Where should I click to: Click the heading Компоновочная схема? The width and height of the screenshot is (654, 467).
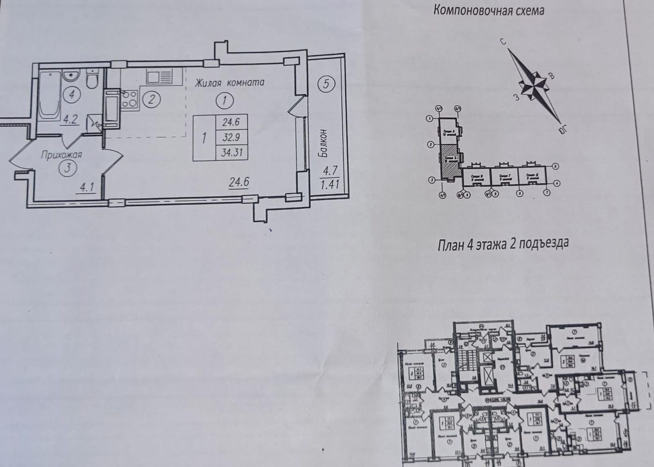(x=488, y=10)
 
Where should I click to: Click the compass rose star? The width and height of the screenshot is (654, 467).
(x=534, y=85)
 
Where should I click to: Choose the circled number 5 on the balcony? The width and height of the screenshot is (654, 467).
(x=326, y=83)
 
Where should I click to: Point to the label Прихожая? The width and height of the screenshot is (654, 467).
(x=61, y=154)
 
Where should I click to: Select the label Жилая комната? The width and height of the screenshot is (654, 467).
(x=229, y=83)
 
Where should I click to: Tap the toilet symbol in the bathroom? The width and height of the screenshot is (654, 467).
(x=93, y=80)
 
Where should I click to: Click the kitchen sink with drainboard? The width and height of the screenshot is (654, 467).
(x=160, y=77)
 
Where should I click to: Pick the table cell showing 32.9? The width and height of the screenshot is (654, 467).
(x=231, y=138)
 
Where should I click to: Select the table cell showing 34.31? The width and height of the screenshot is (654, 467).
(x=231, y=152)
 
